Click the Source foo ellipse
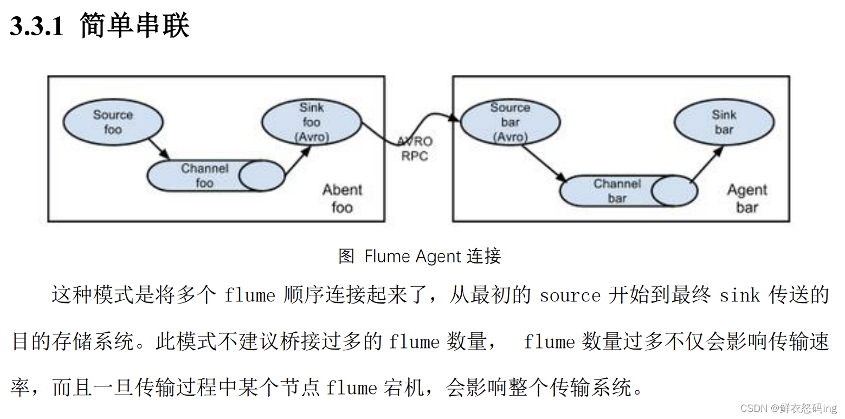click(x=113, y=122)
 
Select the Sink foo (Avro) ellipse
click(x=311, y=122)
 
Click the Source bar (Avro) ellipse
click(x=509, y=122)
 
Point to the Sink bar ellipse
click(x=724, y=122)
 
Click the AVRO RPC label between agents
click(x=415, y=149)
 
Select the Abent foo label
click(x=342, y=198)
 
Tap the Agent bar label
click(x=747, y=198)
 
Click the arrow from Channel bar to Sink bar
click(x=707, y=165)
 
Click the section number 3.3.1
click(x=37, y=27)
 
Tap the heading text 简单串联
click(x=134, y=25)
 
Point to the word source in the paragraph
click(x=570, y=295)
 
